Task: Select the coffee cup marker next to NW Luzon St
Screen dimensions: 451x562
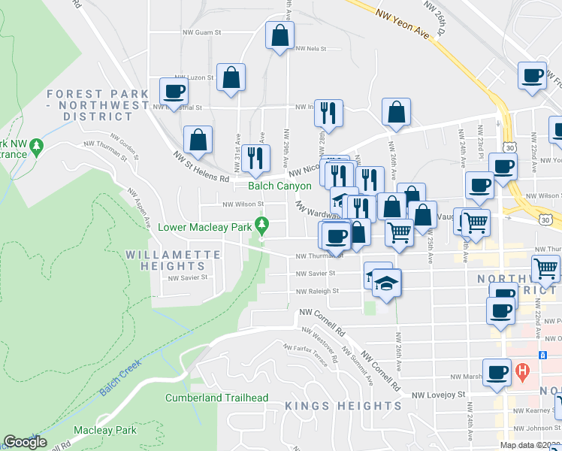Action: point(174,92)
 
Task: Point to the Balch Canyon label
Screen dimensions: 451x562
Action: point(280,186)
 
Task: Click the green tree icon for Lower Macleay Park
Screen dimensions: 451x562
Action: point(261,224)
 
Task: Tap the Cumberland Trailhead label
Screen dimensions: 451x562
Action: point(216,398)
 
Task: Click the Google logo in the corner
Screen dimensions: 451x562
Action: point(25,442)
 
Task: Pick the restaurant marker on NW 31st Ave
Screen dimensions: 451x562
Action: point(258,158)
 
